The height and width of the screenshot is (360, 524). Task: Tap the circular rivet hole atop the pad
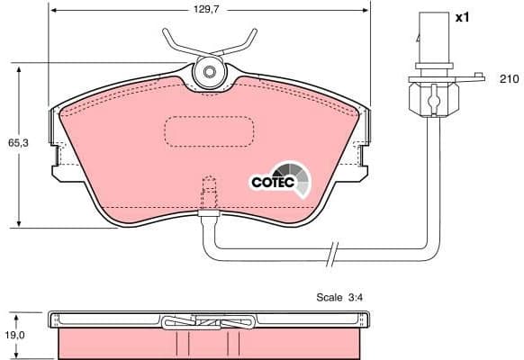pos(209,72)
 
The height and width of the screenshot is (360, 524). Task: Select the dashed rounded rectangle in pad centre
pos(208,132)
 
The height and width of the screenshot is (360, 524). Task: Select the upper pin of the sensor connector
pos(428,27)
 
